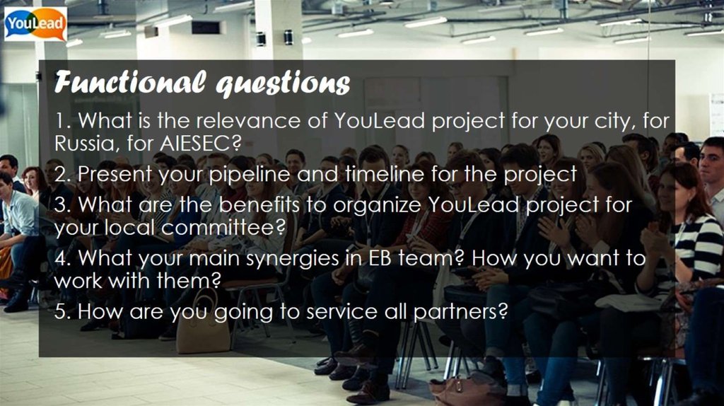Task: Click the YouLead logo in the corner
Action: [35, 24]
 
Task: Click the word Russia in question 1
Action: [82, 143]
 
